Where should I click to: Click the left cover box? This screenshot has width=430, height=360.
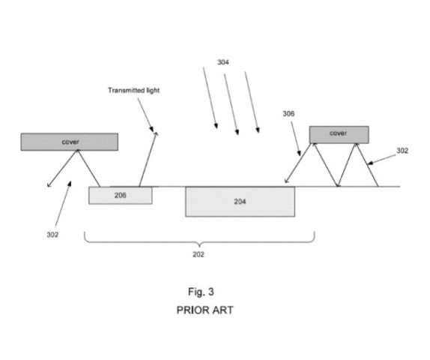coord(69,141)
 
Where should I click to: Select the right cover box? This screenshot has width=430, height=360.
coord(339,133)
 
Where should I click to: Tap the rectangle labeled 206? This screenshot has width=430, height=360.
coord(120,195)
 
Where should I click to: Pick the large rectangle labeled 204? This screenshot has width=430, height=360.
coord(240,201)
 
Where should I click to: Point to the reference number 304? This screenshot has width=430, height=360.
coord(223,63)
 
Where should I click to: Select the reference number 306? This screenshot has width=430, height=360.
coord(288,114)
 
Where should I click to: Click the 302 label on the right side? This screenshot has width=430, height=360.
coord(402,151)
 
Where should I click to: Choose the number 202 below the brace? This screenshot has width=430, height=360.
coord(198,254)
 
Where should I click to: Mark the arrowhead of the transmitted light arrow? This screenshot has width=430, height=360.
coord(156,133)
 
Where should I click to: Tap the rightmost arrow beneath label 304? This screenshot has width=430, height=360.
coord(252,105)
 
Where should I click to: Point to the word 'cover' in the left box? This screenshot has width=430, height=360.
coord(69,141)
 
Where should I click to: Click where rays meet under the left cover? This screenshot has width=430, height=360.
coord(76,151)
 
